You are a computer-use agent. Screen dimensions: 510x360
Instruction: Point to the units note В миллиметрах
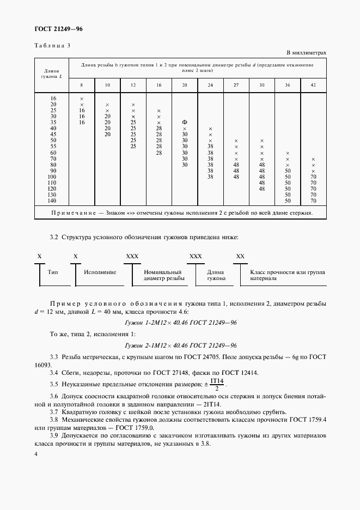pyautogui.click(x=306, y=53)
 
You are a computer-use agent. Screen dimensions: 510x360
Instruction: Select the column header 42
pyautogui.click(x=313, y=86)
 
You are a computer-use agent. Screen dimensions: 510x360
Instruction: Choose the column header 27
pyautogui.click(x=236, y=86)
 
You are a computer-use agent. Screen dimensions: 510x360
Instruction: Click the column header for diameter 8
pyautogui.click(x=82, y=86)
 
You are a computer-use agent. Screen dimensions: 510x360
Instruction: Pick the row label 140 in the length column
pyautogui.click(x=53, y=201)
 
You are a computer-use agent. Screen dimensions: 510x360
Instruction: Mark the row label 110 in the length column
pyautogui.click(x=53, y=183)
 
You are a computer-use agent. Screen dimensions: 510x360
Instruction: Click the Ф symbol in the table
pyautogui.click(x=185, y=122)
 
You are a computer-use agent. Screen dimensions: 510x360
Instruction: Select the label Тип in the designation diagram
pyautogui.click(x=53, y=271)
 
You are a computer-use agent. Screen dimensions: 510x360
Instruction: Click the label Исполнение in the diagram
pyautogui.click(x=100, y=271)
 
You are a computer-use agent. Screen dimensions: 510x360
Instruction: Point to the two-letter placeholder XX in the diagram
pyautogui.click(x=240, y=256)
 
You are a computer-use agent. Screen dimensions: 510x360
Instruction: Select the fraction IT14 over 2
pyautogui.click(x=217, y=384)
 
